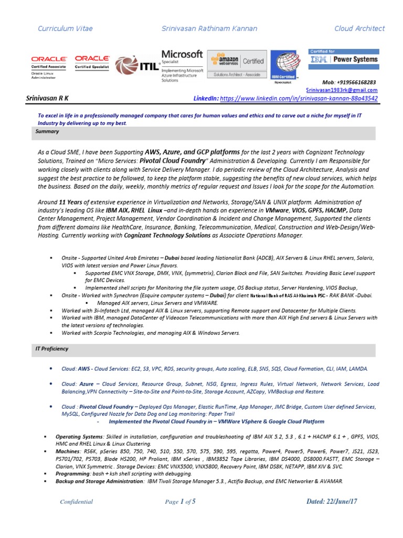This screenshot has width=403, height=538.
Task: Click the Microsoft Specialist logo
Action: pos(182,66)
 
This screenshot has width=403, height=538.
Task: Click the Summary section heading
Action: pos(47,131)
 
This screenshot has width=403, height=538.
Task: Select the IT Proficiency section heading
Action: pos(52,348)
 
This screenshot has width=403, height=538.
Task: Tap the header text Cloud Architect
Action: pos(359,28)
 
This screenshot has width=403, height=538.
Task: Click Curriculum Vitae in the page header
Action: pos(65,28)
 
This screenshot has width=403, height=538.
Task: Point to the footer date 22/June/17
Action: pos(332,501)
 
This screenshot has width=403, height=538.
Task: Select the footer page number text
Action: pos(180,502)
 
